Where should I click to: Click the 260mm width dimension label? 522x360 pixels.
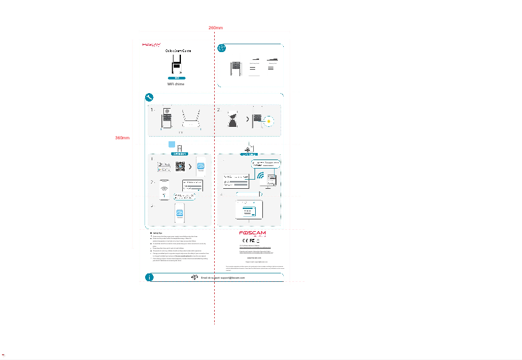tap(215, 28)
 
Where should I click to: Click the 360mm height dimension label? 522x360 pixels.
tap(122, 138)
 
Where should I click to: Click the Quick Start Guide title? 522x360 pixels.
tap(178, 51)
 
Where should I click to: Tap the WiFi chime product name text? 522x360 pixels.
tap(176, 85)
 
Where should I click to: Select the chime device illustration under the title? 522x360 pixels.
tap(176, 65)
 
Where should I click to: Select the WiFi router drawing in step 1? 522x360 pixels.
tap(191, 120)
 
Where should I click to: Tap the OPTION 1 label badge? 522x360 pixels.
tap(179, 154)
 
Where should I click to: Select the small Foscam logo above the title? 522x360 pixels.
tap(152, 45)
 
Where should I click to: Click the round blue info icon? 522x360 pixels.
tap(150, 277)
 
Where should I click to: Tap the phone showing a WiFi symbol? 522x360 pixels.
tap(164, 189)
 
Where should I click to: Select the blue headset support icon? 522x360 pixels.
tap(195, 277)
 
